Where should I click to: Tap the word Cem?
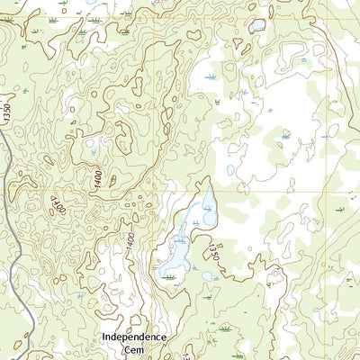coord(134,349)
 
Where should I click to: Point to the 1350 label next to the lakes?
coord(213,248)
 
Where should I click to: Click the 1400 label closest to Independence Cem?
coord(130,240)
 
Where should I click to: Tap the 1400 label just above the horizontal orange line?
coord(97,179)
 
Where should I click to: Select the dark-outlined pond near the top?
coord(258,26)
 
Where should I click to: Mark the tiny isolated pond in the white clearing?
coord(230,169)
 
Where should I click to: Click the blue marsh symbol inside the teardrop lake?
coord(208,210)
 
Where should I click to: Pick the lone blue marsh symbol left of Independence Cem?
coord(81,294)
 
